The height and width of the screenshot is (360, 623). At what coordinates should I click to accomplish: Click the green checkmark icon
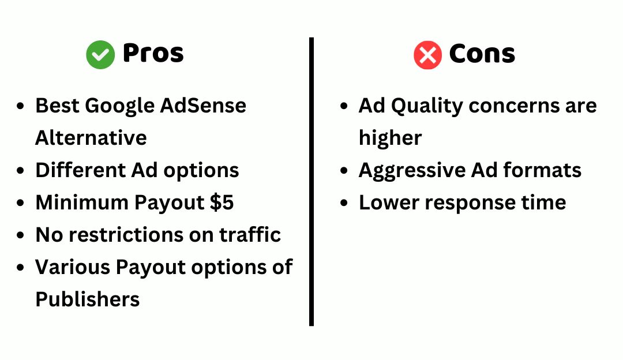[x=100, y=55]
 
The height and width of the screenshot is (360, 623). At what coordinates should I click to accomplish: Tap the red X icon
[x=427, y=55]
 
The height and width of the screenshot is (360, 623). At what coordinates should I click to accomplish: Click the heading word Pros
[x=153, y=54]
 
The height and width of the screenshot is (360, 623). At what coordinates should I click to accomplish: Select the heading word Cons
[x=482, y=54]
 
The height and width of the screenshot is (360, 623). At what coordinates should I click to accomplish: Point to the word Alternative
[x=91, y=138]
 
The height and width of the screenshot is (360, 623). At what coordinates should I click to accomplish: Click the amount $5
[x=222, y=202]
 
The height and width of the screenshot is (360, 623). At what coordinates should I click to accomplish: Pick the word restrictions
[x=131, y=235]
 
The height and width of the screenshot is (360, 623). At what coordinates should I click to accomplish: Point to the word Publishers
[x=88, y=299]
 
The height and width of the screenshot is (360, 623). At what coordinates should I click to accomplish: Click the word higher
[x=390, y=138]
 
